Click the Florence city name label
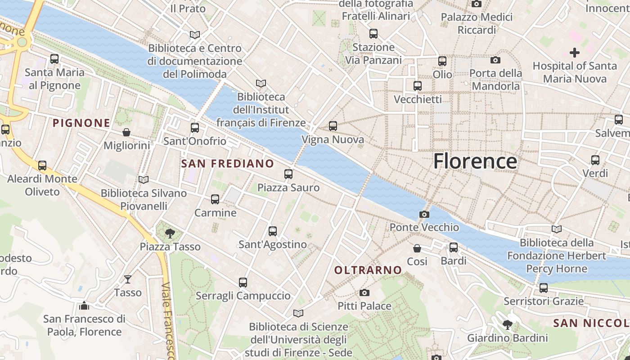475,161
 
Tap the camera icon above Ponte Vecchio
424,214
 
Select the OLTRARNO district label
368,270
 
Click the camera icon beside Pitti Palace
364,293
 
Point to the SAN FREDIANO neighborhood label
227,164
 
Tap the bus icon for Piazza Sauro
288,174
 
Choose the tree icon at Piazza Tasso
170,233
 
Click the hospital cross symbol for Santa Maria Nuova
574,53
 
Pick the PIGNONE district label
81,123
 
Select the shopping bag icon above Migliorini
126,132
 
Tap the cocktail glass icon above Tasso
128,279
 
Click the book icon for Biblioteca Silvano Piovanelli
144,180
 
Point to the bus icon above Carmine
215,199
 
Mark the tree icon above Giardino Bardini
508,324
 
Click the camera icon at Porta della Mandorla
495,60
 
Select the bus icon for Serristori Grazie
544,288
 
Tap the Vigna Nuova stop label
333,140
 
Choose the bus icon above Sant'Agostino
273,231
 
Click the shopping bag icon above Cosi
417,248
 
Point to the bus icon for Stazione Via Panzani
373,34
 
